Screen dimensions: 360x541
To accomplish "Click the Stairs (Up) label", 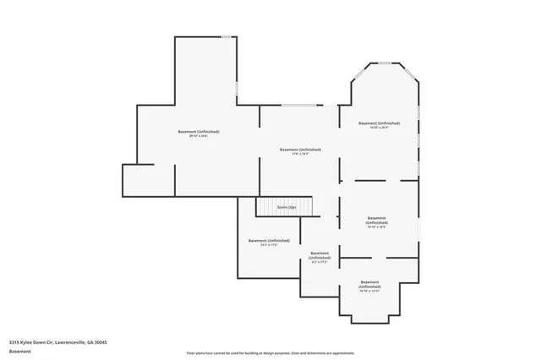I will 287,207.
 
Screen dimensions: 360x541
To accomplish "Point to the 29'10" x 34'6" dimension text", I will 199,136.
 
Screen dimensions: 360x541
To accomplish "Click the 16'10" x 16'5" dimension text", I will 377,226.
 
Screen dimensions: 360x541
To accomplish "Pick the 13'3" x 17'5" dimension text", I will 269,245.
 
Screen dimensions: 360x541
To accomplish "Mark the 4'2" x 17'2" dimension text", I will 320,262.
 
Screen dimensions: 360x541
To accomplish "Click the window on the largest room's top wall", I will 227,37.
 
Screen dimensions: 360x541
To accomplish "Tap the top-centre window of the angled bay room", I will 385,63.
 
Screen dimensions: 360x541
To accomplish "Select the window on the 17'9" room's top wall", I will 299,105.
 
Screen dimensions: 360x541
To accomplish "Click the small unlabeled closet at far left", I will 148,180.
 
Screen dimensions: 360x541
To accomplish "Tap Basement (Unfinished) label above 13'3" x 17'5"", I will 269,240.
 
